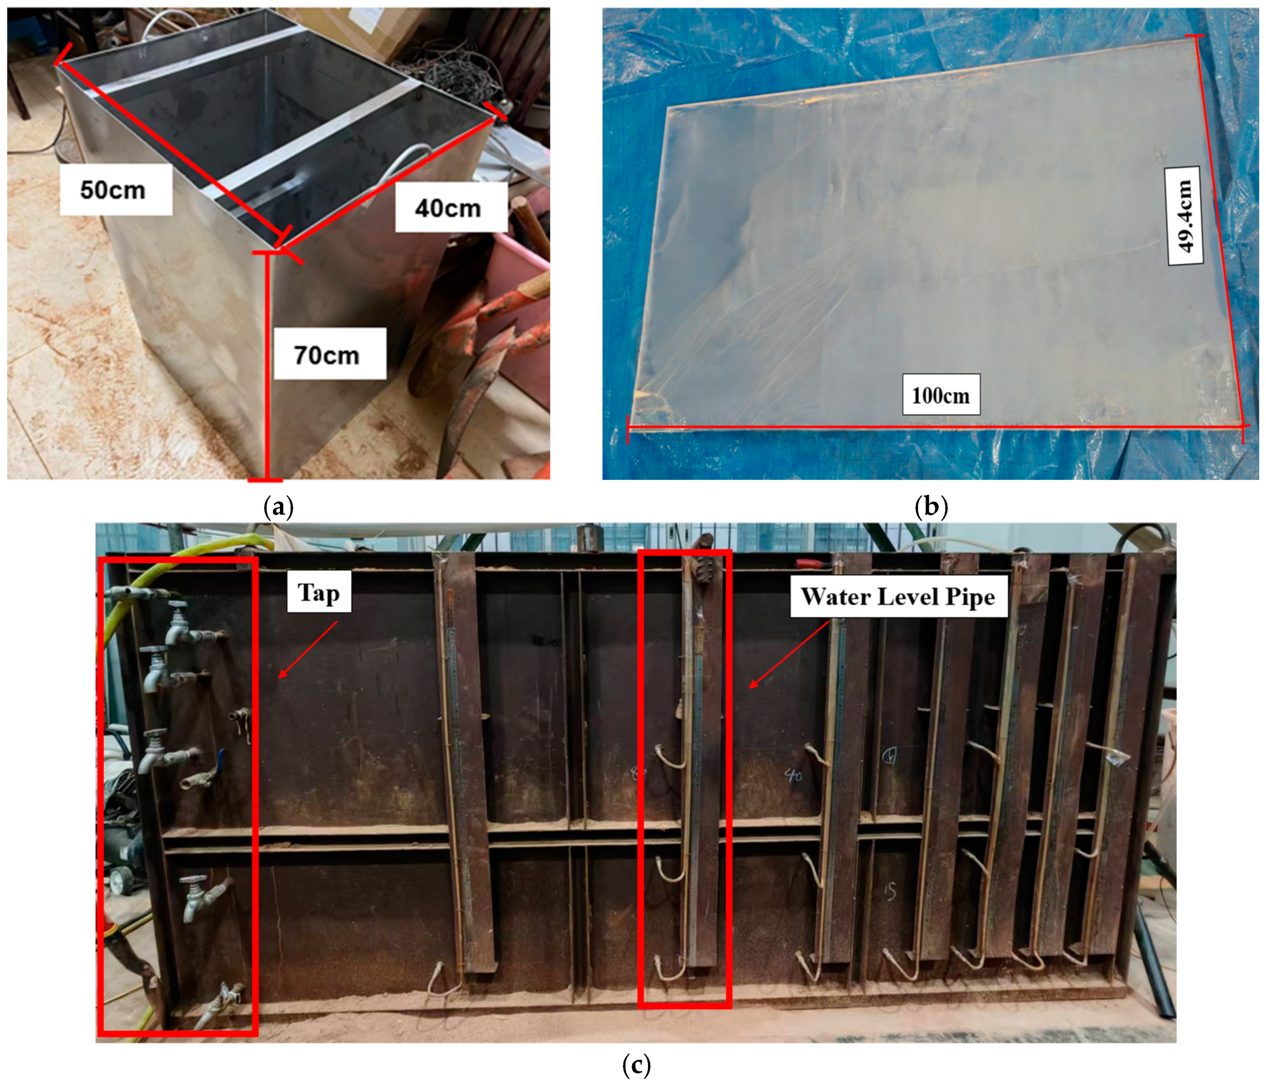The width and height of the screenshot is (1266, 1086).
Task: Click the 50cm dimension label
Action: pos(113,190)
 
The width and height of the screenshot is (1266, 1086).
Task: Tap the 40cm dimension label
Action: pos(448,208)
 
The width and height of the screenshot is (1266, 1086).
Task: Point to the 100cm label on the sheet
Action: pos(941,395)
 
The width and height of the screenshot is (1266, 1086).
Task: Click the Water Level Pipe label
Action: pos(898,596)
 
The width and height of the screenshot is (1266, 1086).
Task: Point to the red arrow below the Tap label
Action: pos(308,650)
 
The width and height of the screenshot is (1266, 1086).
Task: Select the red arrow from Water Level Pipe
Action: pos(789,654)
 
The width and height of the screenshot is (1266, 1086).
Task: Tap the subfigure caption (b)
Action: pos(931,506)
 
